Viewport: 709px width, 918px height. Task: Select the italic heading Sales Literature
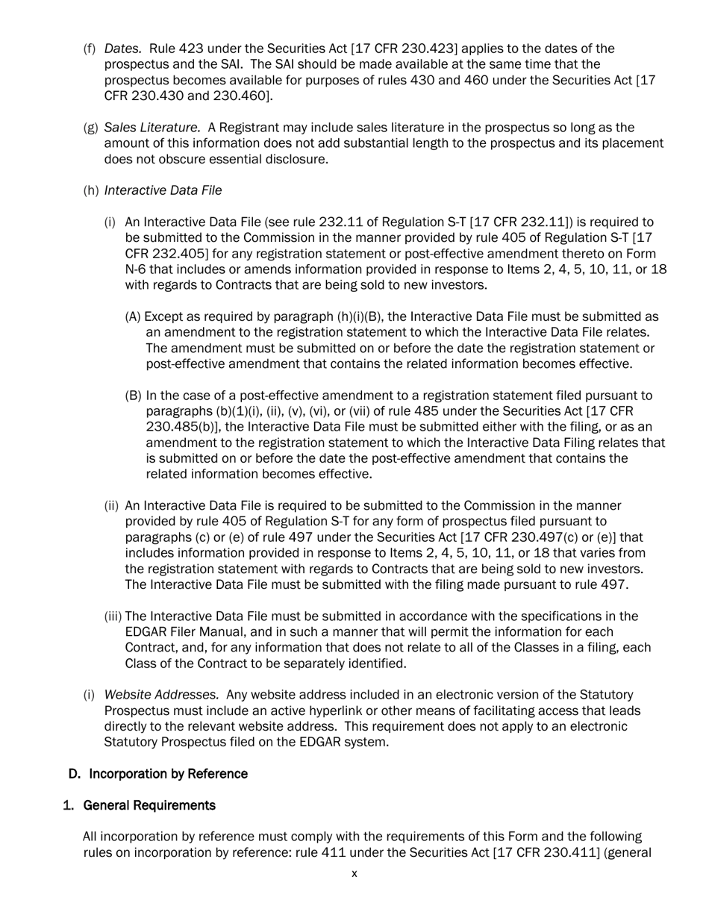click(x=152, y=128)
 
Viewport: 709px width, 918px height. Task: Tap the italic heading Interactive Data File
click(x=163, y=190)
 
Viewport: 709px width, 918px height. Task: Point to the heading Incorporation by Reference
click(x=168, y=774)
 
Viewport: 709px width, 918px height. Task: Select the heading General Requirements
click(x=149, y=805)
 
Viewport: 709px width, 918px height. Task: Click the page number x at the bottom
click(x=354, y=874)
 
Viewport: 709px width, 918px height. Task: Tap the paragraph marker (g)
click(x=90, y=128)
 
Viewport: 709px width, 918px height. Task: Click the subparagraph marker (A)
click(x=133, y=316)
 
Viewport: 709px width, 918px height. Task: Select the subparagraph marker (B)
click(x=133, y=396)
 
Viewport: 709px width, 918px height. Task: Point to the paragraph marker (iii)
click(x=113, y=616)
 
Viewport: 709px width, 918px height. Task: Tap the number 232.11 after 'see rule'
click(x=342, y=222)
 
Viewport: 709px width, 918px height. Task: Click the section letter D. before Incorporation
click(x=74, y=774)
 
